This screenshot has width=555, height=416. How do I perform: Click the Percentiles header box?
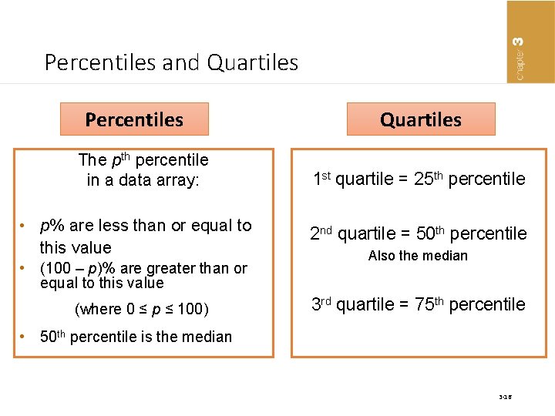[x=134, y=119]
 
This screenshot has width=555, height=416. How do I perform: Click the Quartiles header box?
[x=421, y=119]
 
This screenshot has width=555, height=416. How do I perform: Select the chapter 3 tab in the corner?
[x=530, y=42]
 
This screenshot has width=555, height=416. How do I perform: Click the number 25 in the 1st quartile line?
[x=422, y=179]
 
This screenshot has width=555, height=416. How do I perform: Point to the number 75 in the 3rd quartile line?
[x=423, y=304]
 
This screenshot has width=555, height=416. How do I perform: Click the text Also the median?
[x=418, y=256]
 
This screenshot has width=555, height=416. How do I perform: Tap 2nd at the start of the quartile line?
[x=321, y=233]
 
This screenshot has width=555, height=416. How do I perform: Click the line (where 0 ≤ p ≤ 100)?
[x=142, y=310]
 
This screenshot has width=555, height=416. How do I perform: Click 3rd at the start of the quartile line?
[x=321, y=304]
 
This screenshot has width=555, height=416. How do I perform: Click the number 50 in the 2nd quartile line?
[x=424, y=233]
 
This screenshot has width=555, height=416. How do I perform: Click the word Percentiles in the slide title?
[x=100, y=62]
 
